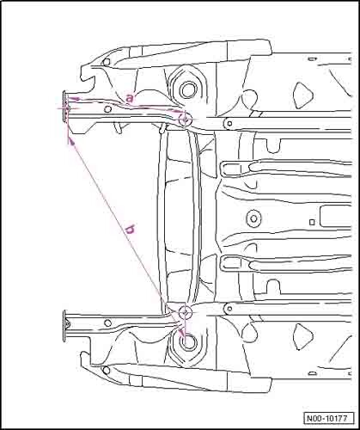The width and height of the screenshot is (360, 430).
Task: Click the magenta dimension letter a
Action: (130, 99)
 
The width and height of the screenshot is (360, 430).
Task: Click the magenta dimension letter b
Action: (131, 230)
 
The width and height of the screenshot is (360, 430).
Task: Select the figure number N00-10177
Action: (326, 418)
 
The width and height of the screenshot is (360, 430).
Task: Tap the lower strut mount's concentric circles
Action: (188, 342)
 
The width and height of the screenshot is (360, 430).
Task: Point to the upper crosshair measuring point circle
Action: (185, 119)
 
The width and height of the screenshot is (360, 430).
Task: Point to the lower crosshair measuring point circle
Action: (185, 311)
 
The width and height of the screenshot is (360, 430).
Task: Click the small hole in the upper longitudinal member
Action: (108, 109)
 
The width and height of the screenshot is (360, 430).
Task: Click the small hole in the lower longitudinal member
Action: (107, 322)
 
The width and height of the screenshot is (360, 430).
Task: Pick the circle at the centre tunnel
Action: (253, 218)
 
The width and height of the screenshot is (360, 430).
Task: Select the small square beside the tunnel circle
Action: (313, 222)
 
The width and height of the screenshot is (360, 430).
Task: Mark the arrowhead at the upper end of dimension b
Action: (71, 140)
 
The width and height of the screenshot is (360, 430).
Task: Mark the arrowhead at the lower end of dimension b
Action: (180, 333)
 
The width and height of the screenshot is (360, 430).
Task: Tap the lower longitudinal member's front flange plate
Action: (64, 326)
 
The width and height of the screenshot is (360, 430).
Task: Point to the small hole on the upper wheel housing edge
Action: (107, 62)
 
